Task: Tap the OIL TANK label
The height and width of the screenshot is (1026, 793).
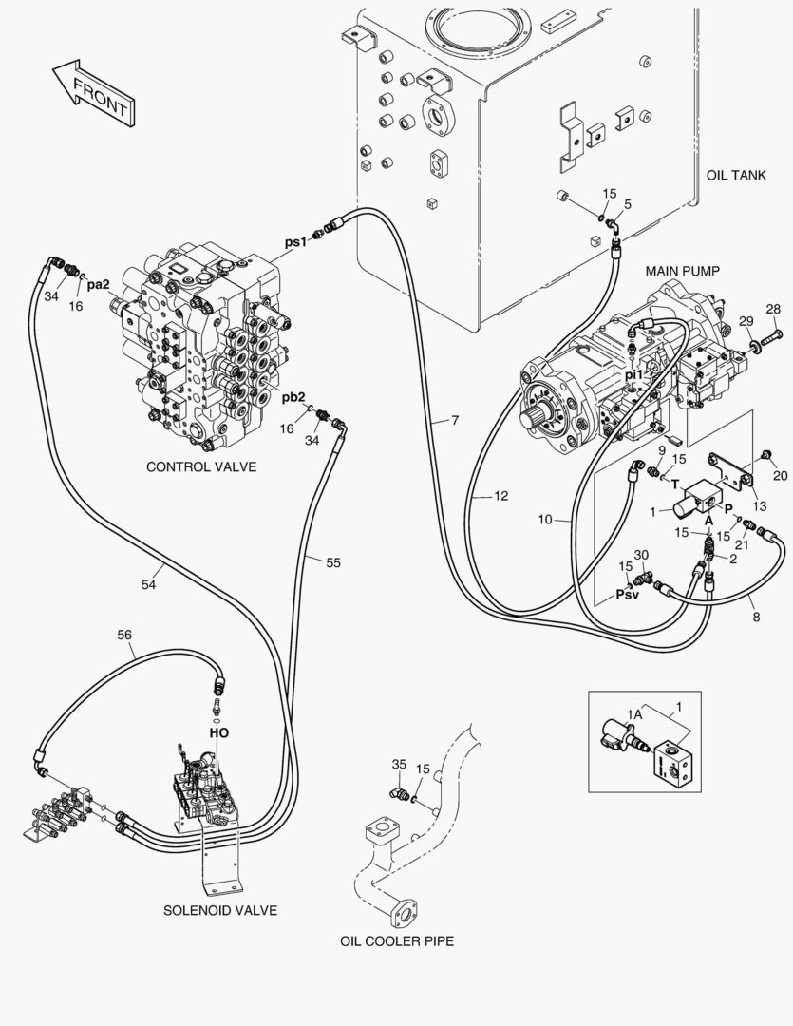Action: pyautogui.click(x=736, y=177)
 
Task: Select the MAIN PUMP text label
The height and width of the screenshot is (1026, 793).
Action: pyautogui.click(x=682, y=271)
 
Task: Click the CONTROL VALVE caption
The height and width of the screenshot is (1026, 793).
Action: pyautogui.click(x=201, y=467)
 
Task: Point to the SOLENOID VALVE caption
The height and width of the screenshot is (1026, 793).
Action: pyautogui.click(x=219, y=910)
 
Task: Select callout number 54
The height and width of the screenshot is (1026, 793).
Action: pyautogui.click(x=148, y=585)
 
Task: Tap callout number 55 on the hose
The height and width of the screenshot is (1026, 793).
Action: pyautogui.click(x=332, y=562)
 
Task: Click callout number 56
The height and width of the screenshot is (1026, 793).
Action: pyautogui.click(x=124, y=635)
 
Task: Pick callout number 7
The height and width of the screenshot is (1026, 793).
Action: pyautogui.click(x=455, y=419)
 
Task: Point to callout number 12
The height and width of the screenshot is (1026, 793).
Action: pyautogui.click(x=500, y=496)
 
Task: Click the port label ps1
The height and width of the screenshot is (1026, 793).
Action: pyautogui.click(x=296, y=242)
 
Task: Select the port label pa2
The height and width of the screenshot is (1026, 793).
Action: pyautogui.click(x=99, y=283)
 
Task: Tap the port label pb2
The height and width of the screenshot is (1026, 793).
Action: pyautogui.click(x=292, y=397)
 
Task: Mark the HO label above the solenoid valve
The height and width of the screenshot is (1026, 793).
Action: pyautogui.click(x=218, y=732)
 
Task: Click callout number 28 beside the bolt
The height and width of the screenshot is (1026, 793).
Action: pyautogui.click(x=773, y=309)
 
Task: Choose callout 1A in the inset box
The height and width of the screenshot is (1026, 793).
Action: pyautogui.click(x=634, y=712)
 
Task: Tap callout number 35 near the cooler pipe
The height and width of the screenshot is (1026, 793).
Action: pyautogui.click(x=399, y=765)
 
